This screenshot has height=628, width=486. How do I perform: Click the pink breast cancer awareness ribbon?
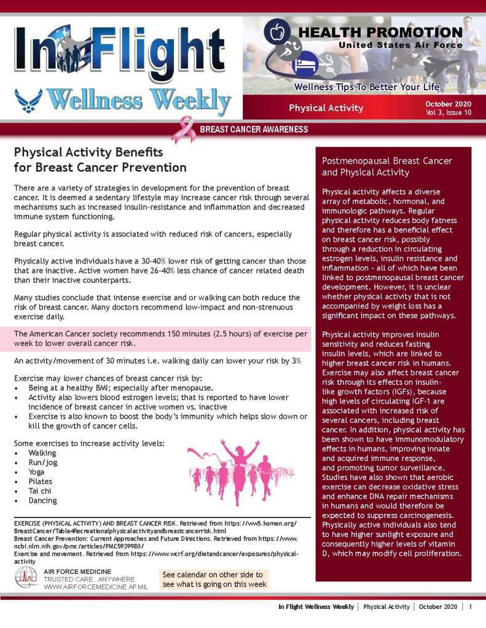[182, 129]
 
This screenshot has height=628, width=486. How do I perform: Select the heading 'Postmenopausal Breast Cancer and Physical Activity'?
[387, 166]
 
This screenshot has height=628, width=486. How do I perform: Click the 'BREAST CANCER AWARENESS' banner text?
[254, 130]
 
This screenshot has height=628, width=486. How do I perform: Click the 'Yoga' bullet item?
[37, 471]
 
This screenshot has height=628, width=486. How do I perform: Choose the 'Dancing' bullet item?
[42, 500]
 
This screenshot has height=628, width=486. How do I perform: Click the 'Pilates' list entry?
[41, 481]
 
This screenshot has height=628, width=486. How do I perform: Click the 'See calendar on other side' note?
[214, 580]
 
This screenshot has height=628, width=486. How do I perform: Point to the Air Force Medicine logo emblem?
[26, 577]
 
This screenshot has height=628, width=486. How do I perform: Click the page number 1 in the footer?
[470, 607]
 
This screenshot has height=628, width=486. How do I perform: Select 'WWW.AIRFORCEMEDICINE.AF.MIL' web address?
[95, 587]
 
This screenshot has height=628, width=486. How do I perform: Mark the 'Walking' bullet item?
[42, 452]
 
